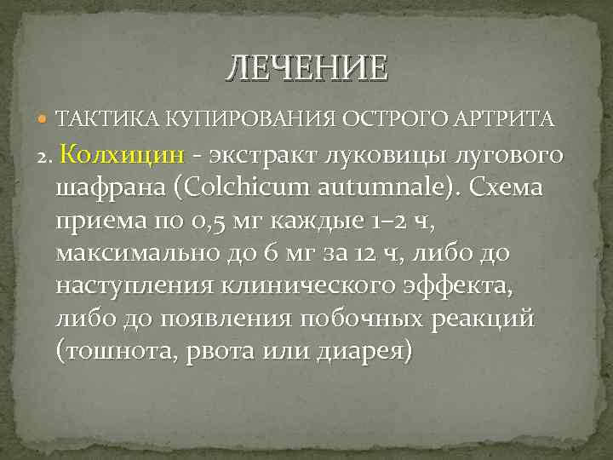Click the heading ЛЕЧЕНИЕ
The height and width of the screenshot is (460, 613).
coord(306,67)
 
